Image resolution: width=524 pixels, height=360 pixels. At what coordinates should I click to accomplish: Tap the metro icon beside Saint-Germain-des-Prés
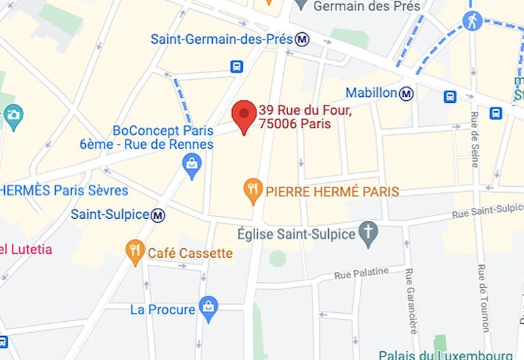[x=302, y=40]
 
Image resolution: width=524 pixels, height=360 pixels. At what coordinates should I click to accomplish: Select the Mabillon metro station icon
[x=407, y=93]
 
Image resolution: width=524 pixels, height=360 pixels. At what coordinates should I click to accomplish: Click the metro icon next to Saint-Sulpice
[x=158, y=215]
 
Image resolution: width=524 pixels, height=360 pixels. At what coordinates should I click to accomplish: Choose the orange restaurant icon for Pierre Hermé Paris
[x=253, y=192]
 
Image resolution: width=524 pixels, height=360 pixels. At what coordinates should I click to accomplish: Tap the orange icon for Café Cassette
[x=135, y=252]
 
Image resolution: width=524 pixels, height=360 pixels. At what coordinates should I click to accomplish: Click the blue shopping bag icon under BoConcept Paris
[x=192, y=164]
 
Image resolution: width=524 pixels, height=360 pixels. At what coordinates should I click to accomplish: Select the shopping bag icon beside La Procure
[x=209, y=309]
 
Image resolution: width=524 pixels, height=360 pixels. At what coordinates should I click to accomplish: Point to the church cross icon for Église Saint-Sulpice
[x=369, y=234]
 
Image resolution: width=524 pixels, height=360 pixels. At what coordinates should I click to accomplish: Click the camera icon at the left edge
[x=13, y=117]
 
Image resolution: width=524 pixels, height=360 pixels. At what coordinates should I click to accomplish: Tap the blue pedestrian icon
[x=472, y=20]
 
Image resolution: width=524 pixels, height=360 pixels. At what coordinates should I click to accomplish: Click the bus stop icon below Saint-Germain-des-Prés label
[x=237, y=66]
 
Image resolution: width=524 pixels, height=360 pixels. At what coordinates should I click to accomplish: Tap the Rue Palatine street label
[x=361, y=274]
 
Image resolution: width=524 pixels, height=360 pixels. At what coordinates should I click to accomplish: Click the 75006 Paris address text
[x=294, y=124]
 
